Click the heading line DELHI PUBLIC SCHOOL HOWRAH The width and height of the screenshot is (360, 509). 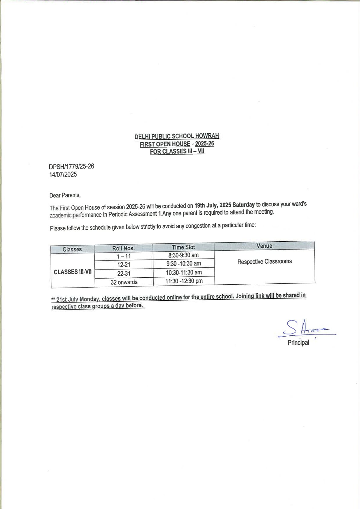click(177, 136)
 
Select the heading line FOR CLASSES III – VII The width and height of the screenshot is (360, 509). click(177, 151)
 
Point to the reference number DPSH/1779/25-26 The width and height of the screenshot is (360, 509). click(71, 166)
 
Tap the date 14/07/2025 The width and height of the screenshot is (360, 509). click(63, 175)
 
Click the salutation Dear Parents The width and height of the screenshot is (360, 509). click(65, 195)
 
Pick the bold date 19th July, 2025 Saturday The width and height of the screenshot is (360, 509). click(224, 205)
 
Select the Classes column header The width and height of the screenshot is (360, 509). click(72, 249)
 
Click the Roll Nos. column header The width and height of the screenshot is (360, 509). click(123, 248)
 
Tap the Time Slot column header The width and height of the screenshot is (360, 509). click(183, 247)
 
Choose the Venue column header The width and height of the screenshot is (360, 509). click(264, 246)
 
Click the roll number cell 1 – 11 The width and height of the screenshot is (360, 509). click(124, 256)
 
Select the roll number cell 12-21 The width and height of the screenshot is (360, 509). click(124, 265)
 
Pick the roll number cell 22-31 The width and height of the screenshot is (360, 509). click(124, 273)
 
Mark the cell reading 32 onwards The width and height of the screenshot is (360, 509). click(124, 282)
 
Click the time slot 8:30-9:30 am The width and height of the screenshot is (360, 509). click(183, 255)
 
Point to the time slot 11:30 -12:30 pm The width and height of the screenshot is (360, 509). click(184, 281)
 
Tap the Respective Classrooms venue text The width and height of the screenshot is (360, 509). click(264, 262)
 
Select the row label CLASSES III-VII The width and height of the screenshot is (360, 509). click(73, 272)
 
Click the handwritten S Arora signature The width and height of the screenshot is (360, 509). click(306, 328)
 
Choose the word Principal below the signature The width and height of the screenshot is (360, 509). click(298, 343)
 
